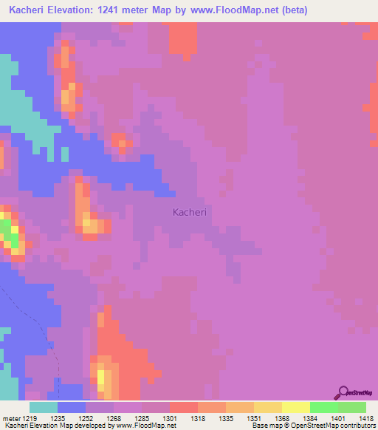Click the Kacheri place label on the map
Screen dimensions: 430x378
point(189,212)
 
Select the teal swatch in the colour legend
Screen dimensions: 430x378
point(44,407)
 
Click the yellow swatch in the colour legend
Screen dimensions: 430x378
point(296,407)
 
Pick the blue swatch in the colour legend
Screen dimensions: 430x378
point(72,407)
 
